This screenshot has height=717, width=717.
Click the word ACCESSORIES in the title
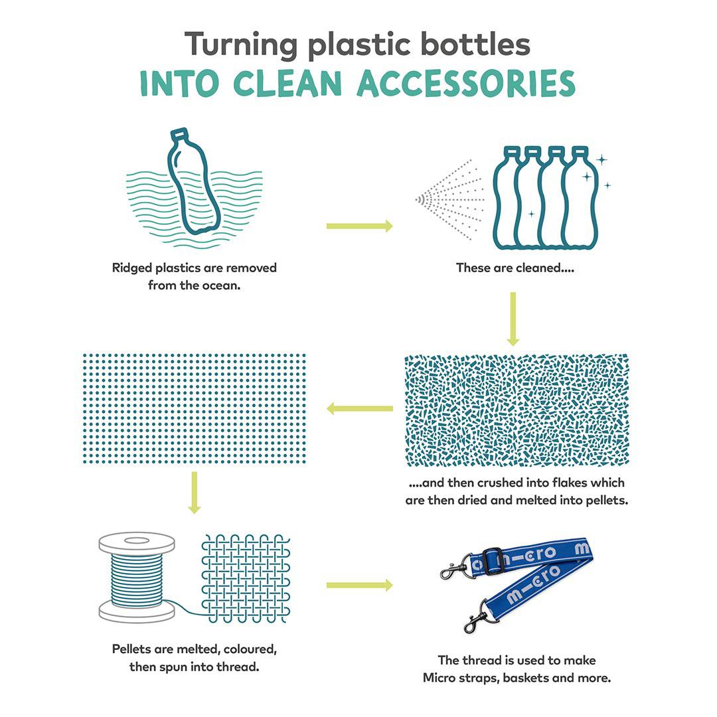(x=466, y=84)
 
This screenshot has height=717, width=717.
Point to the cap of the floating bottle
(x=179, y=134)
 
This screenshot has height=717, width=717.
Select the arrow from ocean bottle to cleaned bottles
(x=359, y=226)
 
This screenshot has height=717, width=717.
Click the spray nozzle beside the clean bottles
(x=421, y=199)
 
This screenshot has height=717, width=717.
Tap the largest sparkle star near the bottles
(x=601, y=159)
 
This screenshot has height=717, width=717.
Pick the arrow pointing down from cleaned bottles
(x=513, y=319)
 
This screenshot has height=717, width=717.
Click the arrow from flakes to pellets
(x=359, y=408)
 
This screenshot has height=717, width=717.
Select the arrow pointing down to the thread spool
(x=194, y=492)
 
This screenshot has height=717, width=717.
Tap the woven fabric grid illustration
(x=246, y=578)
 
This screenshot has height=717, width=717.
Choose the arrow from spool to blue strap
(x=359, y=585)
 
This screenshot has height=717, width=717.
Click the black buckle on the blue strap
(x=492, y=561)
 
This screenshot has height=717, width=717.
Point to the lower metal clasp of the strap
(x=479, y=621)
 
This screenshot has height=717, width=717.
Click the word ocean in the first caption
(x=218, y=286)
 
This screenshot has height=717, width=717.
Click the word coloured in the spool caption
(x=247, y=648)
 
